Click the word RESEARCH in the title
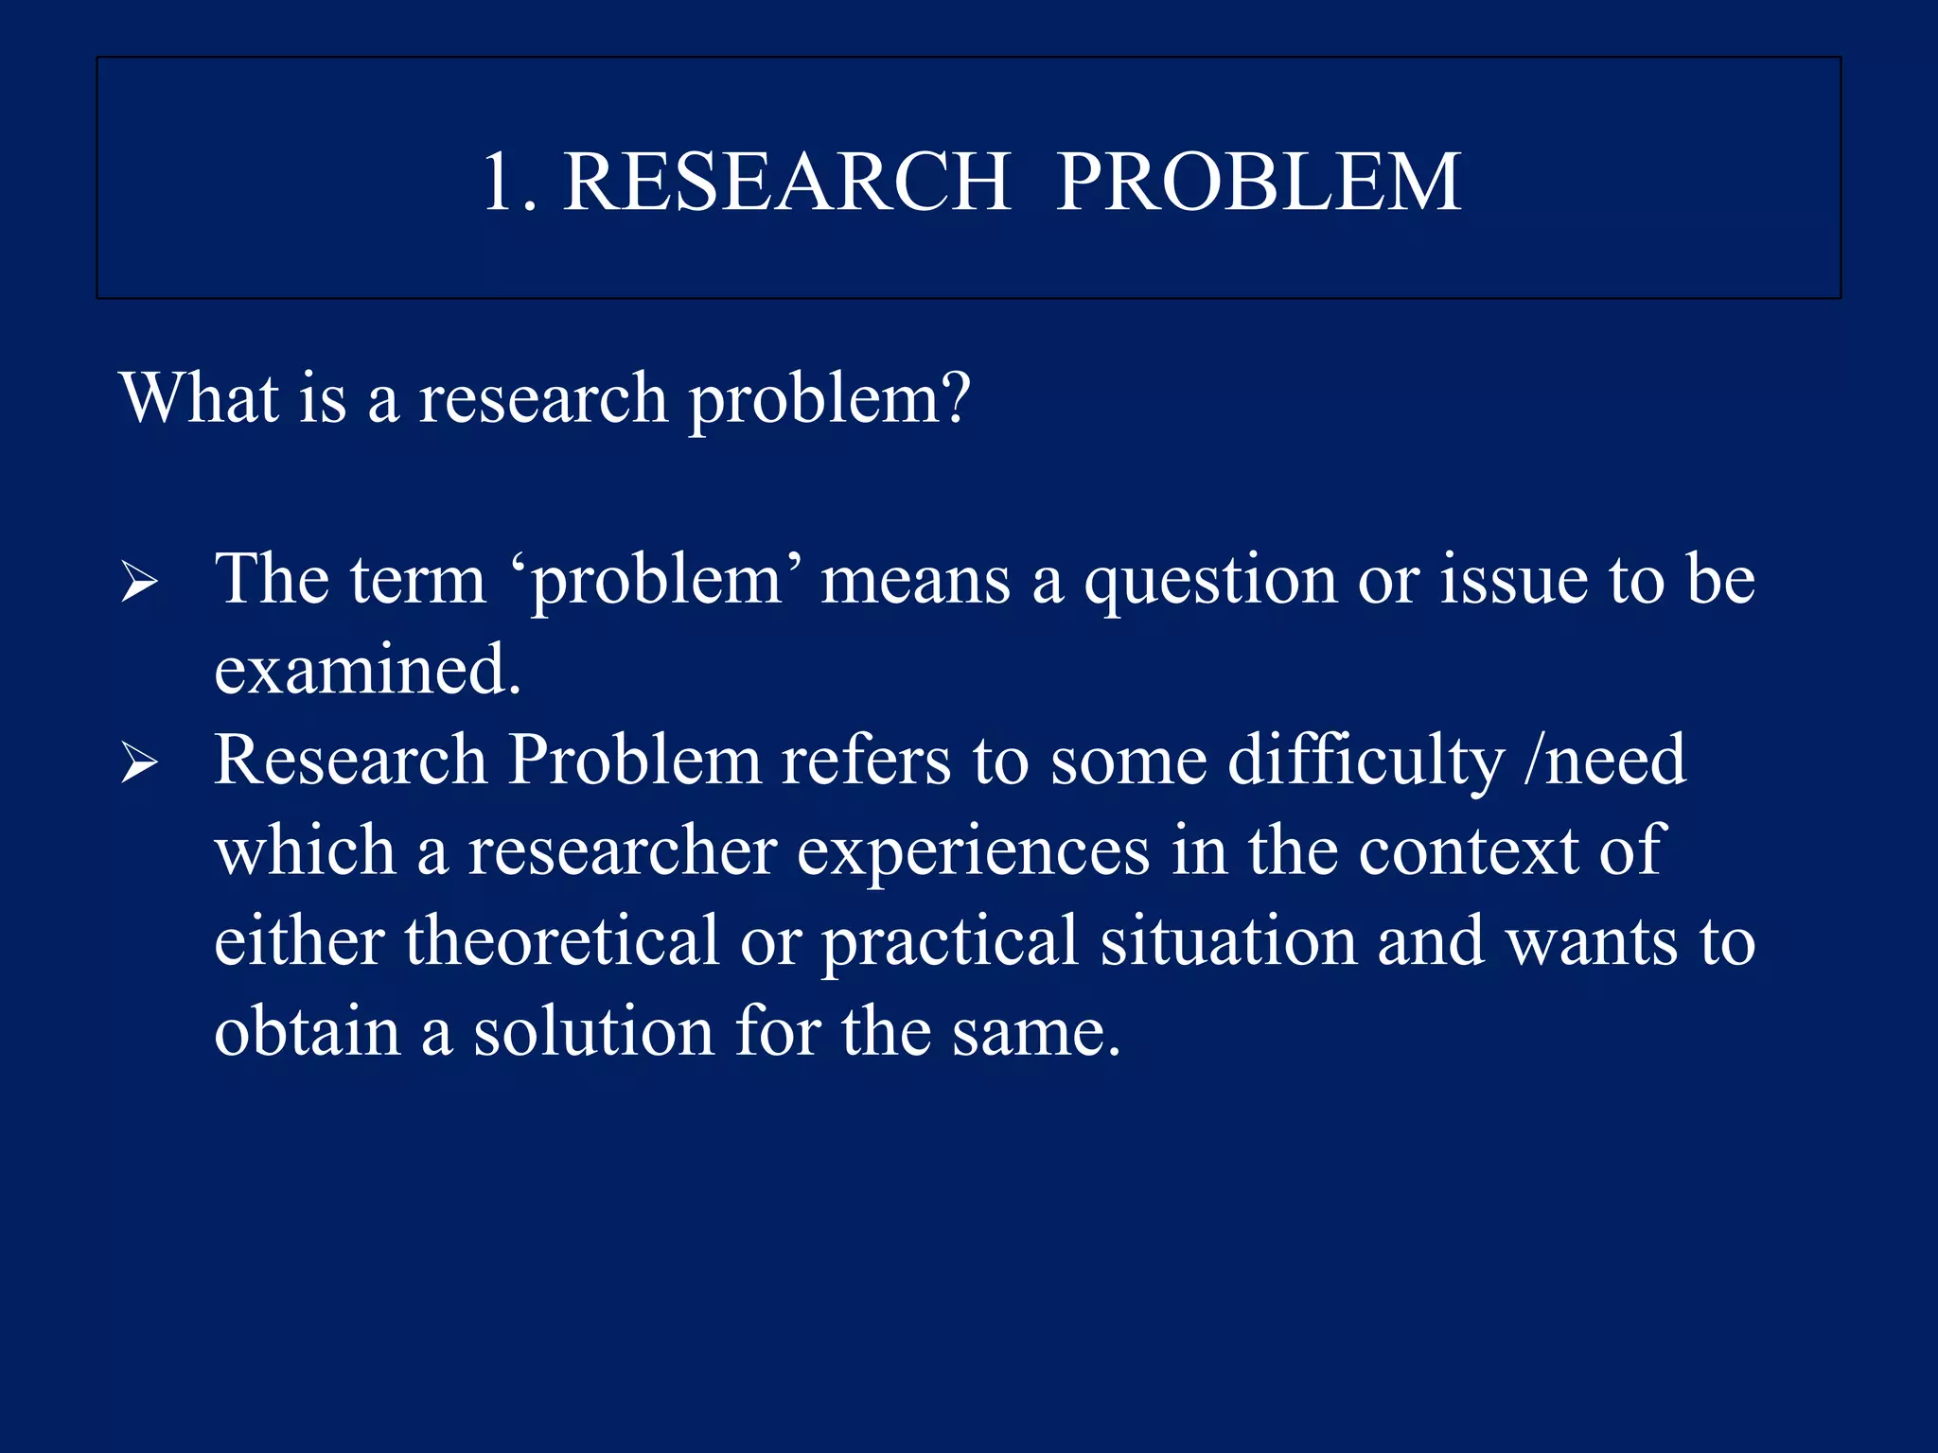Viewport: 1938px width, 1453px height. tap(786, 182)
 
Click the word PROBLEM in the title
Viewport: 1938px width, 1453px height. tap(1259, 182)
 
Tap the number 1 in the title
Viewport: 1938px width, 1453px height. tap(498, 182)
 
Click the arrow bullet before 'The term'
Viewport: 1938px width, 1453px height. tap(139, 582)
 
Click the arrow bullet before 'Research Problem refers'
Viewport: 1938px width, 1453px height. tap(139, 762)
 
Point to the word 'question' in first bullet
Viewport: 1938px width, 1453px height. tap(1210, 582)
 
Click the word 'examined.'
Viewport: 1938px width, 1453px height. tap(367, 670)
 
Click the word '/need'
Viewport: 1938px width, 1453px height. tap(1605, 761)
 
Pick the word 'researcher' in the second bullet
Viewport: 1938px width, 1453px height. tap(623, 851)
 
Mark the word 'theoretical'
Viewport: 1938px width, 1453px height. tap(561, 941)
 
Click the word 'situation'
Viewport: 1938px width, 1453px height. tap(1227, 941)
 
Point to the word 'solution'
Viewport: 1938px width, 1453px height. tap(593, 1031)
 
